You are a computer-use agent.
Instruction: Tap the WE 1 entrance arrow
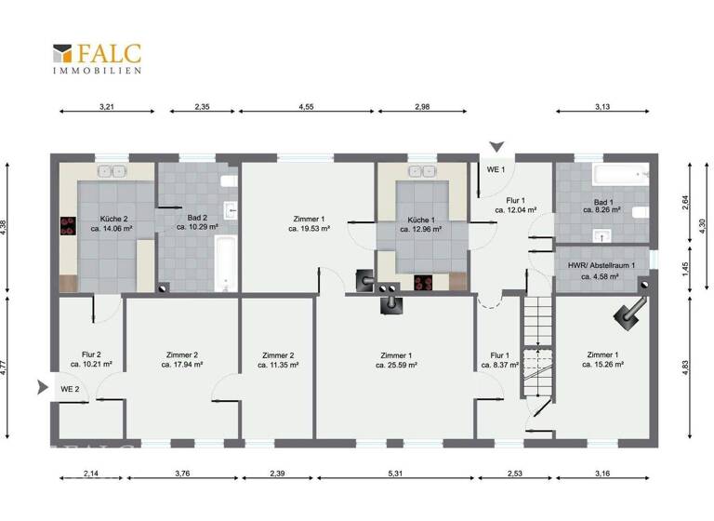pos(497,147)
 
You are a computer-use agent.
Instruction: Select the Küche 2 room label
pos(108,220)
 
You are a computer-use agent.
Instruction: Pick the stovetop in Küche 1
pos(425,284)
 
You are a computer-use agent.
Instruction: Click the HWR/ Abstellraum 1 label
pos(602,265)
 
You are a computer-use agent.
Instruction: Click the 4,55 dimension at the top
pos(306,106)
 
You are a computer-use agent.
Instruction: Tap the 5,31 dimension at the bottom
pos(396,477)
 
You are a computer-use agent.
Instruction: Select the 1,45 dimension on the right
pos(685,268)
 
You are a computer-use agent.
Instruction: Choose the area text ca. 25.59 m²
pos(396,366)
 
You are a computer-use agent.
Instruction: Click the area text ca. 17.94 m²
pos(182,366)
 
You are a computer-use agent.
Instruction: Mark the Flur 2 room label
pos(91,354)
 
